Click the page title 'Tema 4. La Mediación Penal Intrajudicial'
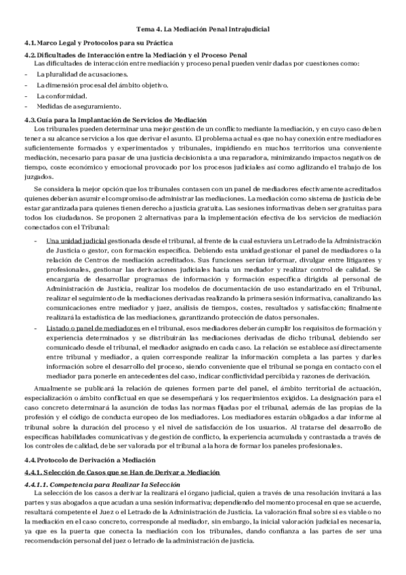[203, 30]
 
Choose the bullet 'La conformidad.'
[58, 96]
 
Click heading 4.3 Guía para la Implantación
[115, 120]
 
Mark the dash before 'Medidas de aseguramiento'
[25, 106]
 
